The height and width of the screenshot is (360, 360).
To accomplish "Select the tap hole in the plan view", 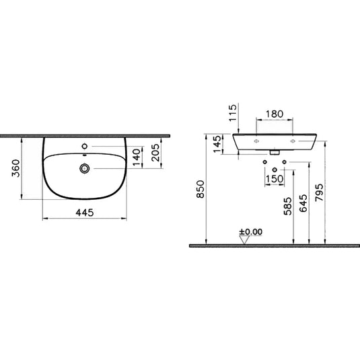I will [85, 146].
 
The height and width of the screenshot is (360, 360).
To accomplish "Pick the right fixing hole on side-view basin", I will [293, 142].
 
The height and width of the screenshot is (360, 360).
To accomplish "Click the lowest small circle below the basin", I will [275, 169].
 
